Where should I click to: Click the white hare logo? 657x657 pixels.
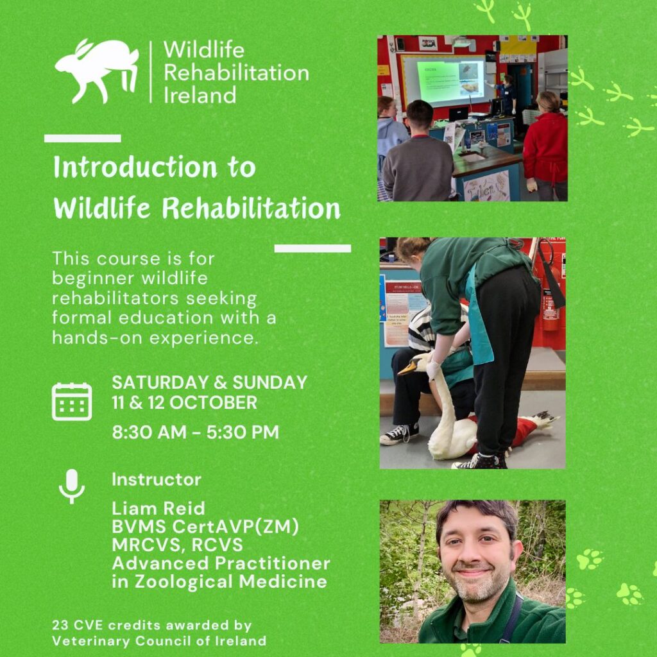coord(96,69)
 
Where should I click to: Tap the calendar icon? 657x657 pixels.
coord(72,402)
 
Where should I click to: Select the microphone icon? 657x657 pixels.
coord(72,486)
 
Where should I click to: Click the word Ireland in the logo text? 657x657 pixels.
coord(200,95)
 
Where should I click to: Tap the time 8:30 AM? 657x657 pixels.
coord(149,432)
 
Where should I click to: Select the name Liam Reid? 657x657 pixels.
coord(158,508)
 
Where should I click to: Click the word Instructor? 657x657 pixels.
coord(157,479)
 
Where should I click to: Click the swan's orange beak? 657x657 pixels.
coord(407,368)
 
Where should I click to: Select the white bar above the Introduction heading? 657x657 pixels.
coord(83,139)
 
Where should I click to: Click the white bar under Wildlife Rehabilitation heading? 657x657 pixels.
coord(312,248)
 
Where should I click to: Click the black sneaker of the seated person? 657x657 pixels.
coord(399,434)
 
